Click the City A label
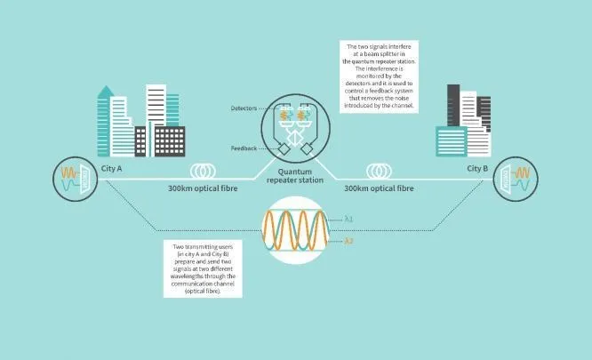coord(111,168)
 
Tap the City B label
coord(477,168)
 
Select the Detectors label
coord(244,108)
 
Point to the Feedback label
coord(244,148)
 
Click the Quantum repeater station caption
coord(295,176)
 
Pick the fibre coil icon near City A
coord(203,172)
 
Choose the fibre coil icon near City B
coord(379,172)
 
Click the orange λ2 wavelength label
coord(348,241)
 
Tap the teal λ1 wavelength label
coord(348,219)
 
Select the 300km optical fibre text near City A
coord(203,188)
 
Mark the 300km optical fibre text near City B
coord(379,188)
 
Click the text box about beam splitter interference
coord(379,76)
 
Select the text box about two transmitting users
coord(203,268)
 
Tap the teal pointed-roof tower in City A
coord(104,121)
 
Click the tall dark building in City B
coord(453,105)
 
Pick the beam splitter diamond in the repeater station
coord(294,138)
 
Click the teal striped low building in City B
coord(452,141)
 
